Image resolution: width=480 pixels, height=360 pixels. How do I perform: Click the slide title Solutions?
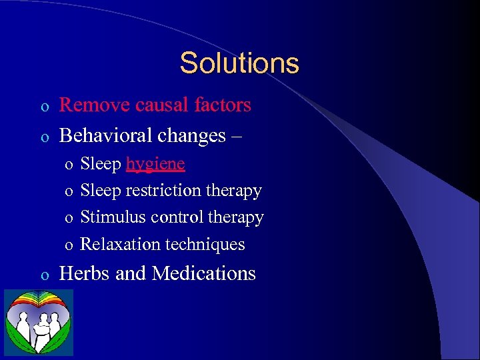[x=239, y=63]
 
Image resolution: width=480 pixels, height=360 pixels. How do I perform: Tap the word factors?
[x=220, y=105]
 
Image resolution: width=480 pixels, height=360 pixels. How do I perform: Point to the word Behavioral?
[x=107, y=136]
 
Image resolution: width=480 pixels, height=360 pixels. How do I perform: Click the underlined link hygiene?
[x=155, y=165]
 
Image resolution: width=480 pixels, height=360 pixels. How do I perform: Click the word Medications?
[x=203, y=273]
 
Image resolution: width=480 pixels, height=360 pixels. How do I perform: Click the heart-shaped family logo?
[x=39, y=323]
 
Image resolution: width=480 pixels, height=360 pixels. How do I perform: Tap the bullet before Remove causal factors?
[x=44, y=107]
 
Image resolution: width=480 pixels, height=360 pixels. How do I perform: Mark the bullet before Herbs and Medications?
[x=44, y=275]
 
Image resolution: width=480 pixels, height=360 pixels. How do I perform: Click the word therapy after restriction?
[x=233, y=191]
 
